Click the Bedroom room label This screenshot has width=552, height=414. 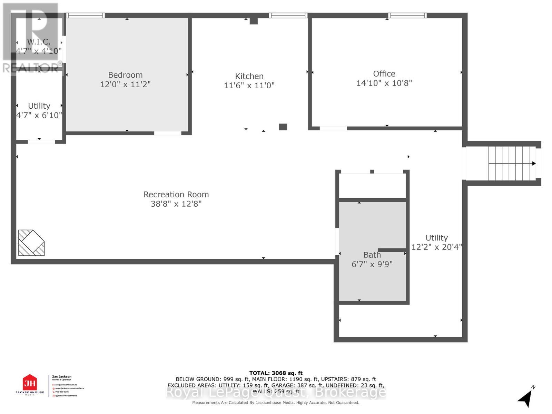pyautogui.click(x=125, y=75)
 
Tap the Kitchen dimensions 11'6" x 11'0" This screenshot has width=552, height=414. pyautogui.click(x=249, y=85)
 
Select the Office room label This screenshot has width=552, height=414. pyautogui.click(x=384, y=73)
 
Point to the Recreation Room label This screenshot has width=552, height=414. pyautogui.click(x=176, y=194)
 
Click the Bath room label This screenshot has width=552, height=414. pyautogui.click(x=372, y=255)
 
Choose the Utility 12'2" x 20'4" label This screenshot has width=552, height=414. pyautogui.click(x=436, y=243)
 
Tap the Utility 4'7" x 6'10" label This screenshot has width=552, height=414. pyautogui.click(x=39, y=110)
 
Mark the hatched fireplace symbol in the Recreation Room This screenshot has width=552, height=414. pyautogui.click(x=31, y=243)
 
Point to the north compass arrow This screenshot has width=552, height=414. pyautogui.click(x=525, y=398)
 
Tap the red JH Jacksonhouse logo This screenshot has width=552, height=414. pyautogui.click(x=30, y=383)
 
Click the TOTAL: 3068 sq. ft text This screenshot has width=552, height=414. pyautogui.click(x=276, y=373)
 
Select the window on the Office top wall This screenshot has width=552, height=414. pyautogui.click(x=407, y=16)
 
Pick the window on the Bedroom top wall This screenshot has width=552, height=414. pyautogui.click(x=85, y=16)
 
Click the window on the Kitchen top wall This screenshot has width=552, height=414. pyautogui.click(x=288, y=16)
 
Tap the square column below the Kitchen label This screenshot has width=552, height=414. pyautogui.click(x=283, y=127)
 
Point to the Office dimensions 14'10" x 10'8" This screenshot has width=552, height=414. pyautogui.click(x=384, y=83)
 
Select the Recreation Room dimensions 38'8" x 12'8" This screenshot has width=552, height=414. pyautogui.click(x=176, y=204)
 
